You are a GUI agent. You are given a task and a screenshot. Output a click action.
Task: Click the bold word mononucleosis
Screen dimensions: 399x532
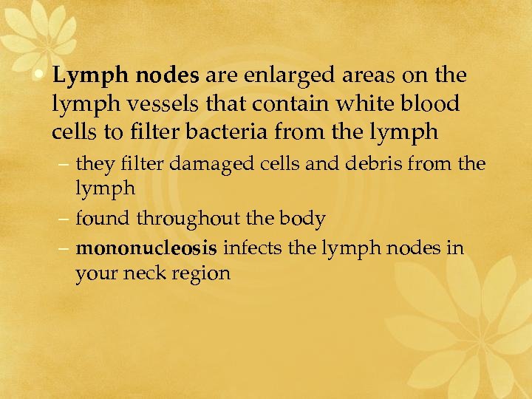click(146, 248)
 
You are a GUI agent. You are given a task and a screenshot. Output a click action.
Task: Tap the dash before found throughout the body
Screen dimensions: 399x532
click(66, 219)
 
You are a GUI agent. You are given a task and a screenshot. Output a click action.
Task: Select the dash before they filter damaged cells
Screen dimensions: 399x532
click(66, 164)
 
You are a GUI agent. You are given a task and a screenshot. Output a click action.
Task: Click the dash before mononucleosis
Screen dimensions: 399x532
click(66, 248)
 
